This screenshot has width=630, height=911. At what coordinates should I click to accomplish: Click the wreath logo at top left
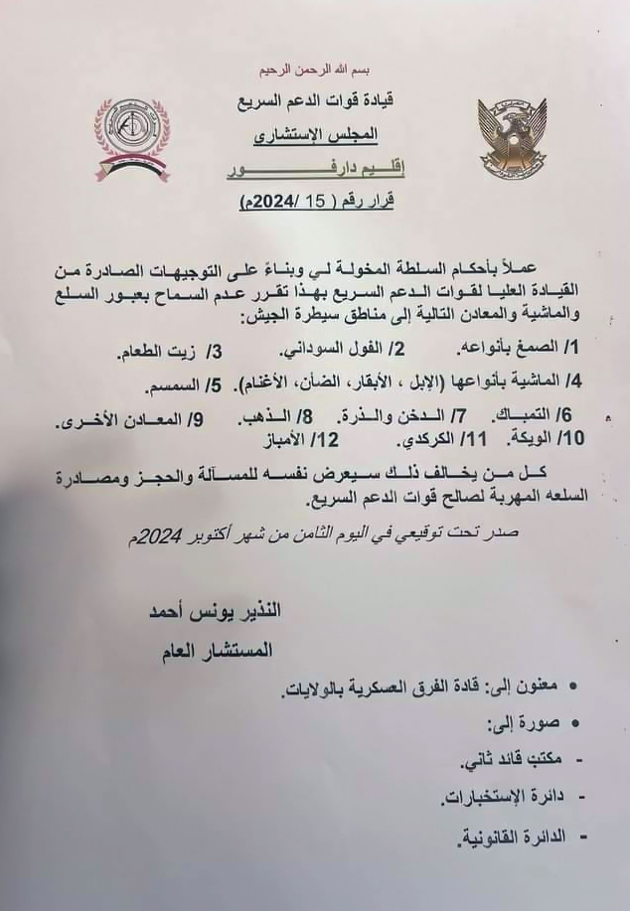pyautogui.click(x=132, y=135)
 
